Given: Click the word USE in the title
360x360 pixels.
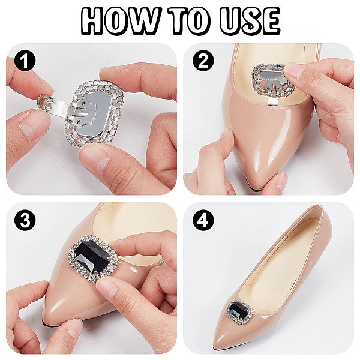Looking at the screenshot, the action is point(250,20).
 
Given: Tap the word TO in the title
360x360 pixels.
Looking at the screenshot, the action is point(189,20).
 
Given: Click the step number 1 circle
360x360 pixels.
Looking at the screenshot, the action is point(25,61).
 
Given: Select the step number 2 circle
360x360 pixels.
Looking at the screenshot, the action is point(203,61).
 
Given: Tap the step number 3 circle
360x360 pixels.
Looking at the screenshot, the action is point(25,220).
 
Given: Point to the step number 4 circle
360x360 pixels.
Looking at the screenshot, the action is point(203,220).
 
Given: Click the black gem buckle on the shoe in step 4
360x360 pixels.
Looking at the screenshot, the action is point(239,310).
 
